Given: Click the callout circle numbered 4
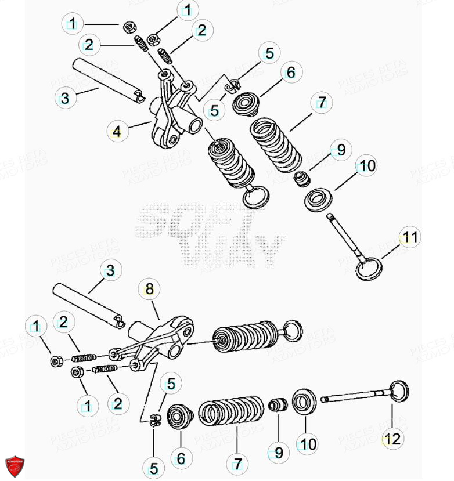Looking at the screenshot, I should (x=117, y=132).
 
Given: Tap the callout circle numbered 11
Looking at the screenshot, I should (x=410, y=237).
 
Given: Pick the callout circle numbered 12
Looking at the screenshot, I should (x=392, y=439).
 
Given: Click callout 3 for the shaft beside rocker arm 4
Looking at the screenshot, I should (x=64, y=98).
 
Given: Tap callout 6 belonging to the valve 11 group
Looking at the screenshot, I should (x=291, y=73).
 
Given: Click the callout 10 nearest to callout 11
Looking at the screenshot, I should (x=366, y=167).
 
